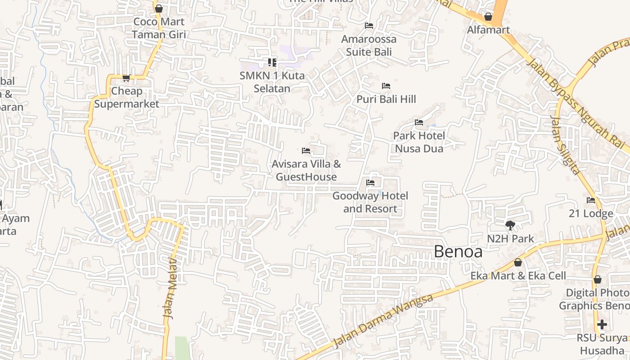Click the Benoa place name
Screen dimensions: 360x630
click(x=458, y=252)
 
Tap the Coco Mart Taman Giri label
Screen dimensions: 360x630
click(x=159, y=28)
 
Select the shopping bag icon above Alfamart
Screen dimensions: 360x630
click(x=488, y=17)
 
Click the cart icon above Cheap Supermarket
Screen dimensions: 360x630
click(x=126, y=78)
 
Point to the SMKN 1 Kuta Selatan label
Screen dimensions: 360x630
click(x=272, y=82)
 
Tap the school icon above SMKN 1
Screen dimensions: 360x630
click(x=272, y=62)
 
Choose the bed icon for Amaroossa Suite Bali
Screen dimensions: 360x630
click(x=369, y=25)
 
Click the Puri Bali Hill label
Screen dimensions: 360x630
click(x=386, y=99)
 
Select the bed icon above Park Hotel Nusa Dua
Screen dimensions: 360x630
click(x=419, y=122)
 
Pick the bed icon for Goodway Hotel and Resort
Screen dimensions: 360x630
click(x=370, y=182)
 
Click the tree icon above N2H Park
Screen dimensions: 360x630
click(x=510, y=225)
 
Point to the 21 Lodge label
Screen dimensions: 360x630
click(x=590, y=213)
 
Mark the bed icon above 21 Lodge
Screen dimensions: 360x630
click(x=591, y=200)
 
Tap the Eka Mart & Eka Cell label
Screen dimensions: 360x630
click(x=518, y=275)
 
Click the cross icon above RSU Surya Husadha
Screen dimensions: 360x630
click(x=602, y=324)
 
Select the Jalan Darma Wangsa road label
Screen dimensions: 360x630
click(x=384, y=320)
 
